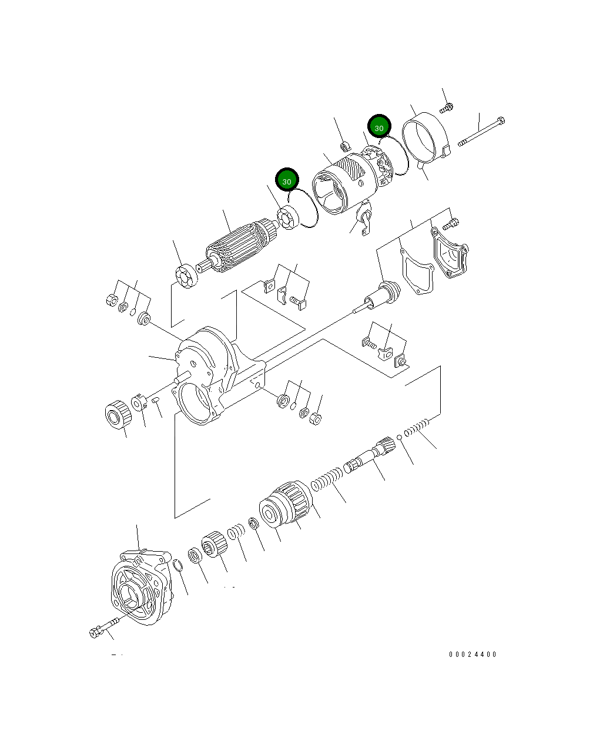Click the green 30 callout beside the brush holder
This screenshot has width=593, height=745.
379,127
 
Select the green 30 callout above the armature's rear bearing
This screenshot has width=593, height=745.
287,181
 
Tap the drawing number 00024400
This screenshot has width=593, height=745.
473,654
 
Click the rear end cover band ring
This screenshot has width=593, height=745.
426,140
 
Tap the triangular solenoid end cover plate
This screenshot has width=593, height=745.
450,253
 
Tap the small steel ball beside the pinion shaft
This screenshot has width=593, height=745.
399,437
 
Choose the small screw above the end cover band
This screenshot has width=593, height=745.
447,108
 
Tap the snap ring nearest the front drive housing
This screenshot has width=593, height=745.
177,566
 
